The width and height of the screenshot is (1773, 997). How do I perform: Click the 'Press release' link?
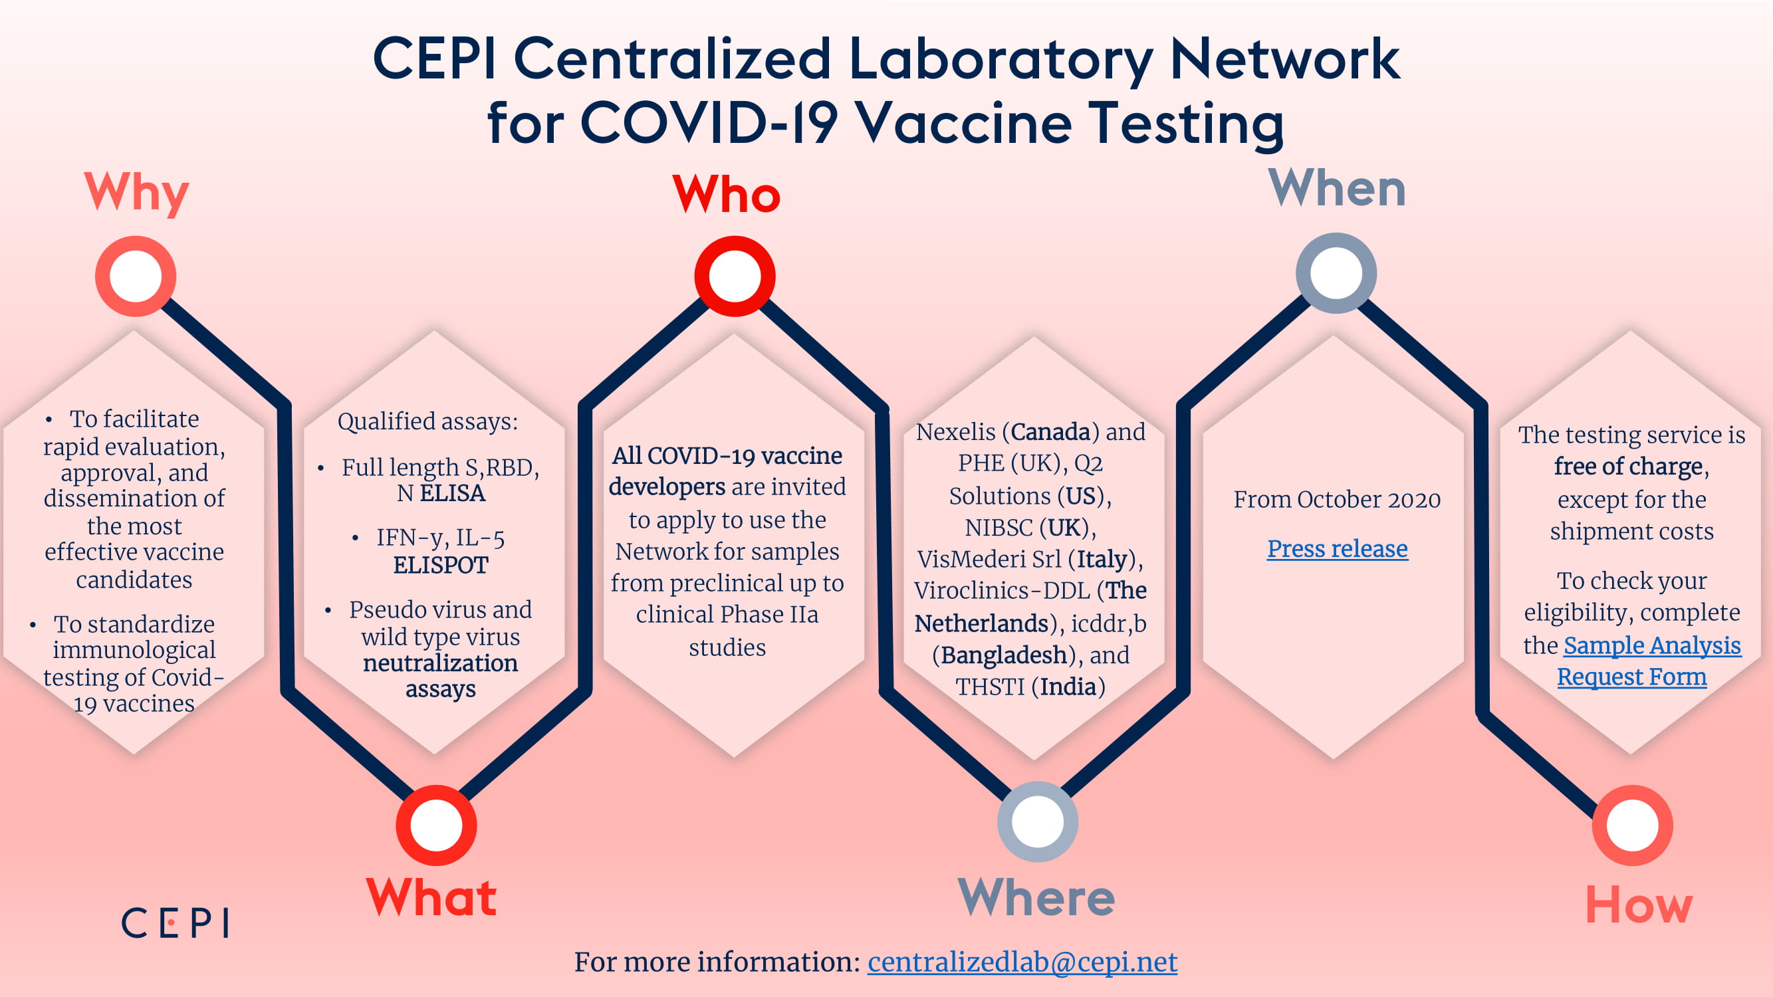tap(1338, 549)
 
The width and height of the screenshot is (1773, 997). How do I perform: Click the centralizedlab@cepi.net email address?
tap(1022, 962)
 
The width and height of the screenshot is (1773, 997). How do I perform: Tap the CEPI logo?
tap(175, 923)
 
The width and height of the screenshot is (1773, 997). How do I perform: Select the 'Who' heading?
tap(726, 193)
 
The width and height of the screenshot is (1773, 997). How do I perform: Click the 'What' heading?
tap(431, 897)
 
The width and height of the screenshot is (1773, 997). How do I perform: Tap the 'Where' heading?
tap(1036, 897)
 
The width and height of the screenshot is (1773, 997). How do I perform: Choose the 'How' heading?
tap(1639, 905)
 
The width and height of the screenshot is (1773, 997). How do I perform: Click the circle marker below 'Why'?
tap(136, 276)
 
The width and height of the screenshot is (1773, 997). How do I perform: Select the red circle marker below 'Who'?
tap(735, 276)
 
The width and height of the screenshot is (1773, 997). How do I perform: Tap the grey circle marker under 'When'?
tap(1336, 273)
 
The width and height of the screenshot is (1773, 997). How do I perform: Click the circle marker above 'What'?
tap(436, 825)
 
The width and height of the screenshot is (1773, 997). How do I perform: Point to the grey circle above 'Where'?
tap(1037, 822)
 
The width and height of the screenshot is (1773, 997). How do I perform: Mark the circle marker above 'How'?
tap(1633, 825)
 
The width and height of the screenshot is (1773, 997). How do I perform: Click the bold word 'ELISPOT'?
tap(441, 566)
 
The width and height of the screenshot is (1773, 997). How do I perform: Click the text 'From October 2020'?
tap(1337, 500)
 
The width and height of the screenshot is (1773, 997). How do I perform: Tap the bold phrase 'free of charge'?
tap(1629, 467)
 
